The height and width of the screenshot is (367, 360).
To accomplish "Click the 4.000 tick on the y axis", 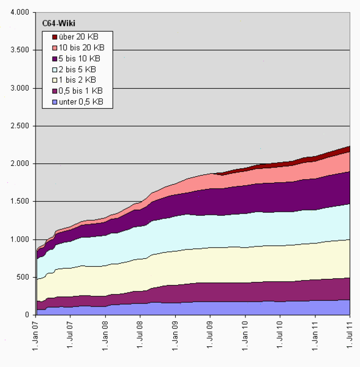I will click(20, 13).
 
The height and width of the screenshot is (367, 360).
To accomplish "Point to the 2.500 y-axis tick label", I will click(20, 126).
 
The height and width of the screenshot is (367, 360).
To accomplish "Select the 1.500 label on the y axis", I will click(20, 201).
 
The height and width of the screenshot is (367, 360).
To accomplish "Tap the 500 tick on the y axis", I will click(23, 277).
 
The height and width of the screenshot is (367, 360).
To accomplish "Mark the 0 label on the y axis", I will click(27, 314).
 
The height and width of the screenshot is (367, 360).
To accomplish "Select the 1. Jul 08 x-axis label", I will click(141, 339).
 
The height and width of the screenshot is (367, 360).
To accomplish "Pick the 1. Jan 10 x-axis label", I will click(246, 339).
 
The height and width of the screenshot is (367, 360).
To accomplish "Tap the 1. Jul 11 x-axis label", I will click(350, 339).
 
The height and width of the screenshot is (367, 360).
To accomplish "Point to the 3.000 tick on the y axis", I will click(20, 88).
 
